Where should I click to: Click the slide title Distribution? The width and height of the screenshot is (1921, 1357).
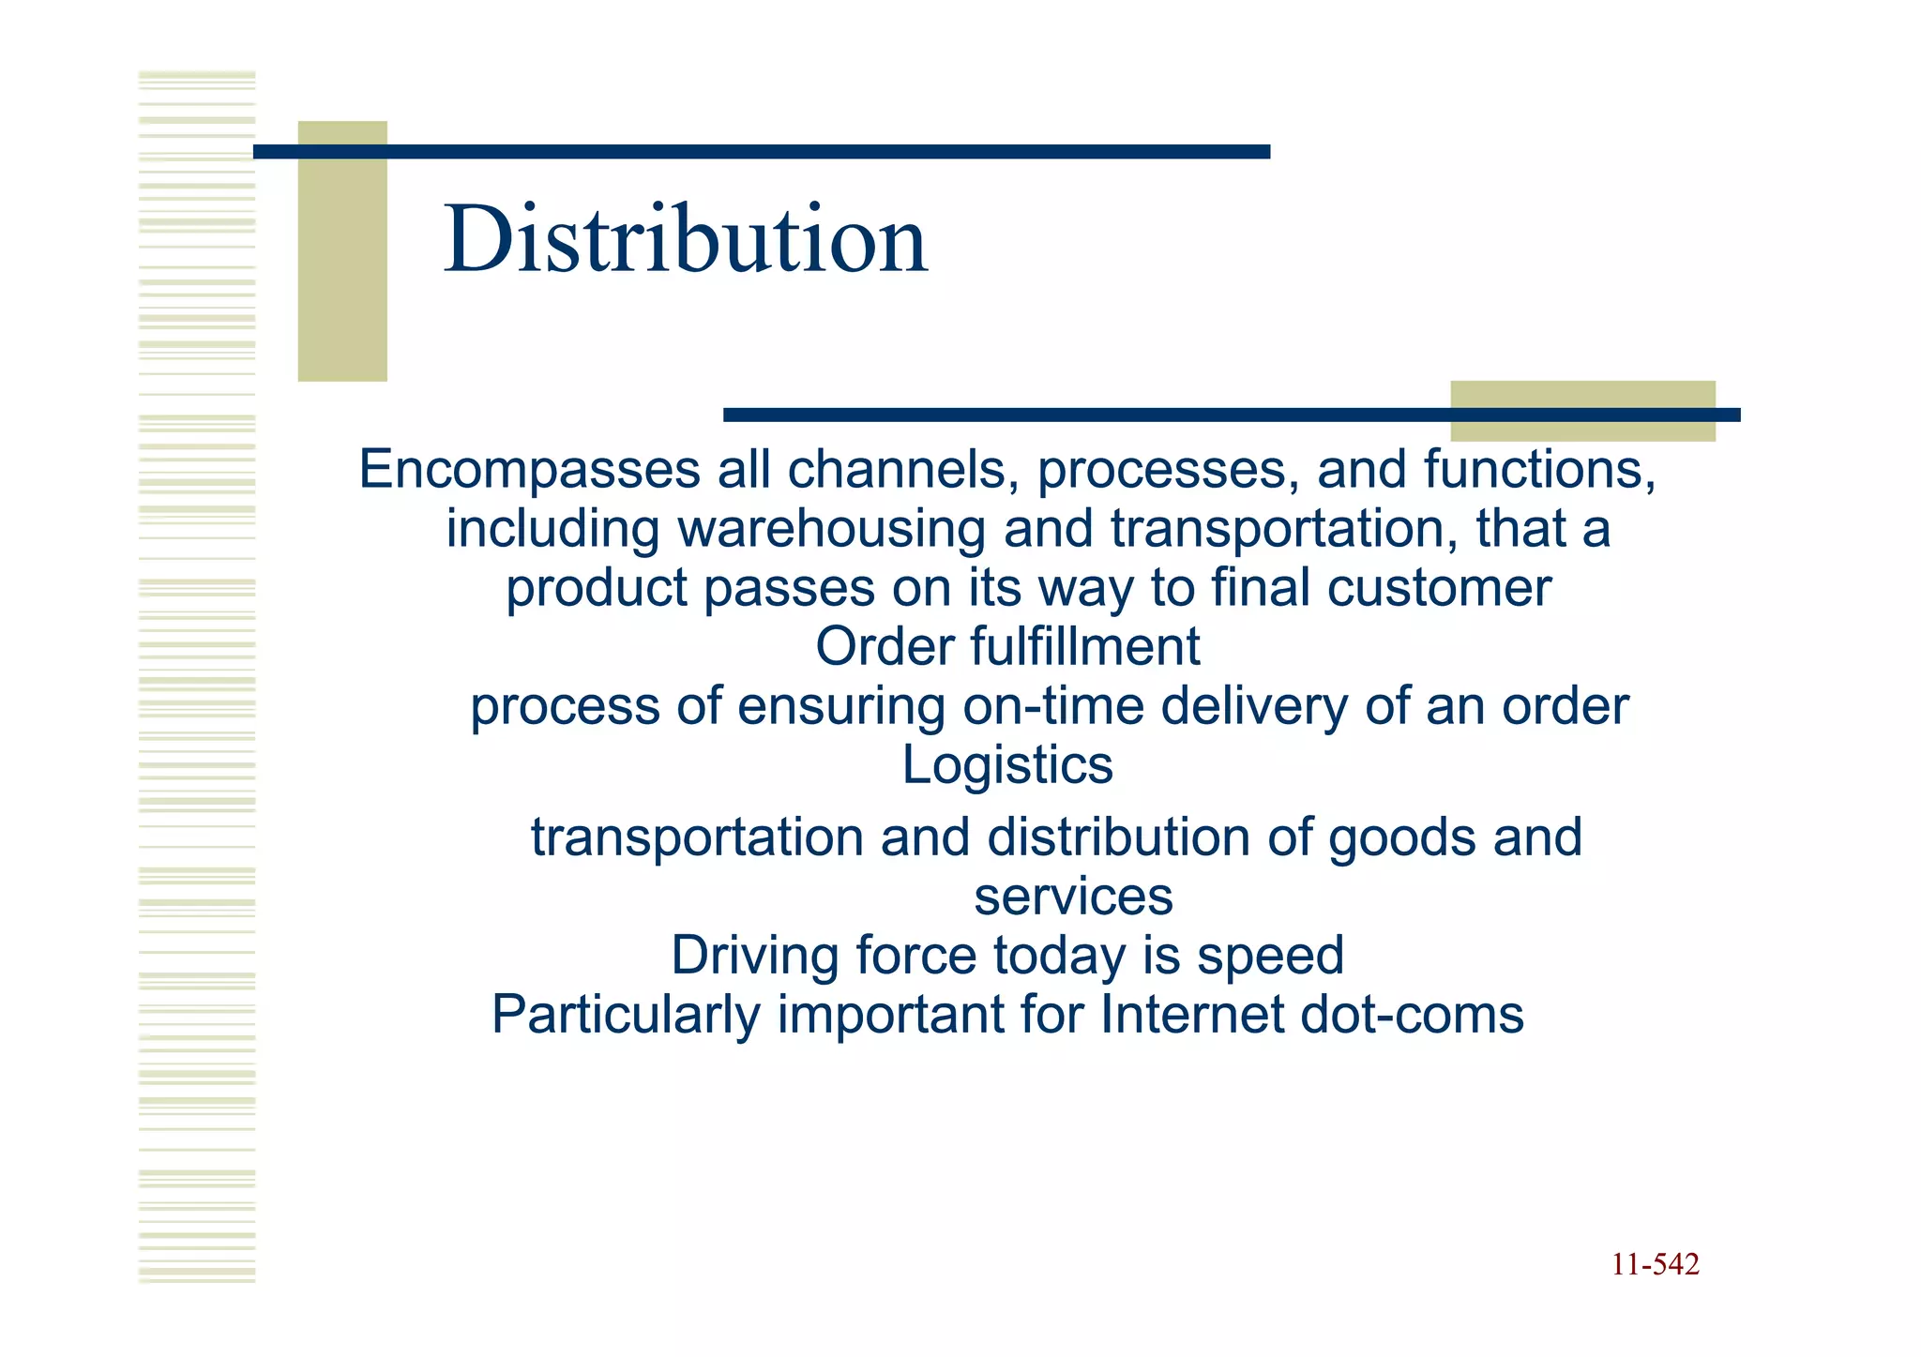tap(686, 240)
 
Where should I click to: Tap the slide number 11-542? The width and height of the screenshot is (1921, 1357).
tap(1655, 1265)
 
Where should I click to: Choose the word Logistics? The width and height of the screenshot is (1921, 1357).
tap(1007, 765)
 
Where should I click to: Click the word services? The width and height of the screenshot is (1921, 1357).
tap(1073, 897)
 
